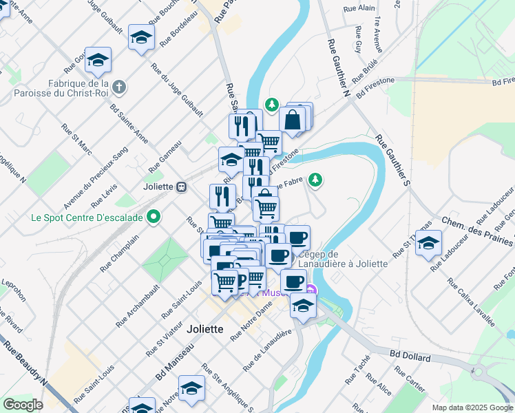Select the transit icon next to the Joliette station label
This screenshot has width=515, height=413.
click(x=182, y=187)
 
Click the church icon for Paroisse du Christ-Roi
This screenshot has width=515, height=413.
click(x=120, y=87)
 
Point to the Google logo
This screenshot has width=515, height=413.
click(x=23, y=405)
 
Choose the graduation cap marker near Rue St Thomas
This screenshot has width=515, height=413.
click(x=428, y=244)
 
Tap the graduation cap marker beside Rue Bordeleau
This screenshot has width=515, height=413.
click(x=141, y=39)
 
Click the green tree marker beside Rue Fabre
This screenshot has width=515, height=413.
click(x=315, y=180)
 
